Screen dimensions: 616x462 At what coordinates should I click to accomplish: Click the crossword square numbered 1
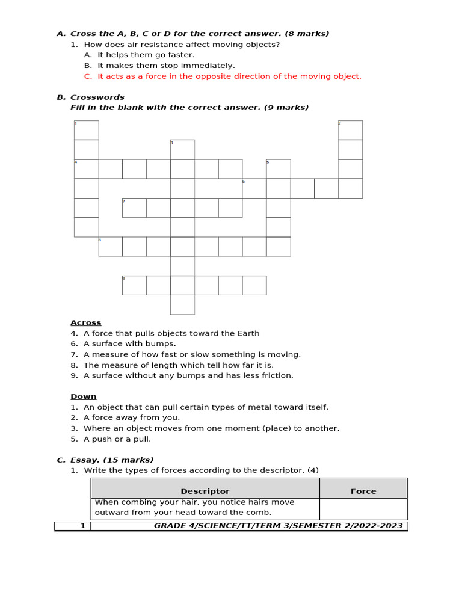[86, 130]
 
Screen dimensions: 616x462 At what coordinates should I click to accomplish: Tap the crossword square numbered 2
[350, 130]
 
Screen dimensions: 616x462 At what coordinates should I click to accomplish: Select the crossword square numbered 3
[182, 149]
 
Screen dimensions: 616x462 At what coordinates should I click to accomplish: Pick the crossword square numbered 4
[86, 169]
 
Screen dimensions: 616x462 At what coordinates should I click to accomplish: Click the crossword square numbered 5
[278, 169]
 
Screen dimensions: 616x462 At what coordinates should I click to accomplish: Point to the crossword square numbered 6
[254, 188]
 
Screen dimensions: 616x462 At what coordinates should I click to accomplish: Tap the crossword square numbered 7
[134, 208]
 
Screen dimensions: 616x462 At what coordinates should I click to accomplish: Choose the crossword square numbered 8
[110, 247]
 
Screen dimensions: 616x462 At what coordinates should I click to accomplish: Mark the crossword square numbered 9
[134, 285]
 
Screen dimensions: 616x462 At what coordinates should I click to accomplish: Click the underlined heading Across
[86, 323]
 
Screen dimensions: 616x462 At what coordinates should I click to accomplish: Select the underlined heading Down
[84, 396]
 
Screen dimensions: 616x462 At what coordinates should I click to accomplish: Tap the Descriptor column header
[205, 491]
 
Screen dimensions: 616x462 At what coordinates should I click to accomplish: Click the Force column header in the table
[363, 491]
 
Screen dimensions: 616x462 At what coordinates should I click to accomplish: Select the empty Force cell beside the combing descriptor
[363, 508]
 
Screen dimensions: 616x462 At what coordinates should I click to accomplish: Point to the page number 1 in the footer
[83, 526]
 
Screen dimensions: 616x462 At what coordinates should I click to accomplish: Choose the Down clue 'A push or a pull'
[117, 439]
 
